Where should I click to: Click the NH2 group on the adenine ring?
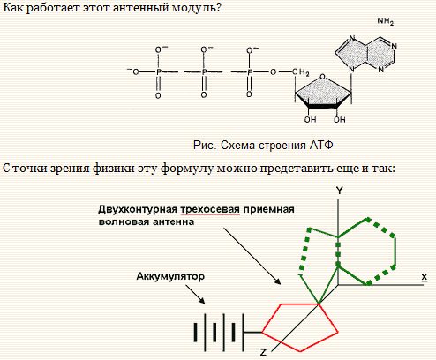pos(386,21)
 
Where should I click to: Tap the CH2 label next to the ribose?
pos(300,72)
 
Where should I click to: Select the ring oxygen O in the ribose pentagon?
pos(323,77)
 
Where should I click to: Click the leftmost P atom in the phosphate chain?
pos(159,71)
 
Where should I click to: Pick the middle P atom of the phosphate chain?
pos(204,71)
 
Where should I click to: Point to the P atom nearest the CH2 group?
pos(250,71)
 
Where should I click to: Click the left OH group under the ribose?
pos(310,119)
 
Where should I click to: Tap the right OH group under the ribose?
pos(339,119)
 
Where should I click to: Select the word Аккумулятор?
pos(170,276)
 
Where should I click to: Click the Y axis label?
pos(339,191)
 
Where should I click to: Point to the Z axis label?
pos(263,352)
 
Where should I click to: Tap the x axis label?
pos(424,277)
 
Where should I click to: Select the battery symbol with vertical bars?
pos(219,333)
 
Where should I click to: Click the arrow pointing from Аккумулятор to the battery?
pos(195,294)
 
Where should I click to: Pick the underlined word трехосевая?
pos(210,209)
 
